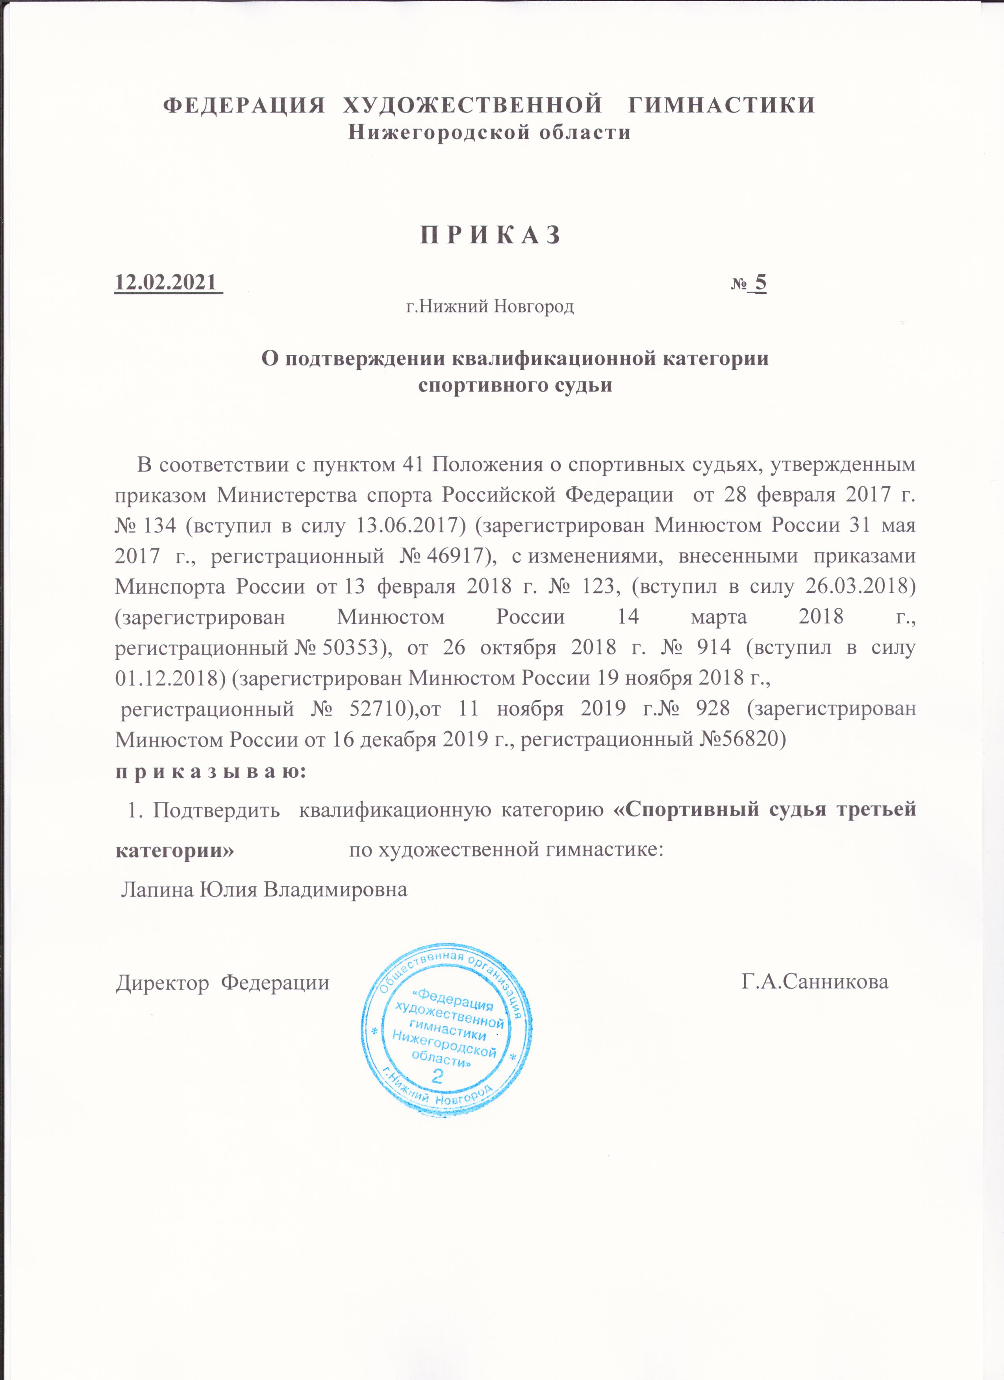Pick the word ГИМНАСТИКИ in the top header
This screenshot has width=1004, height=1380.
pos(721,105)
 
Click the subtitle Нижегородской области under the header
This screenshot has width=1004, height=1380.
pos(489,132)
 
